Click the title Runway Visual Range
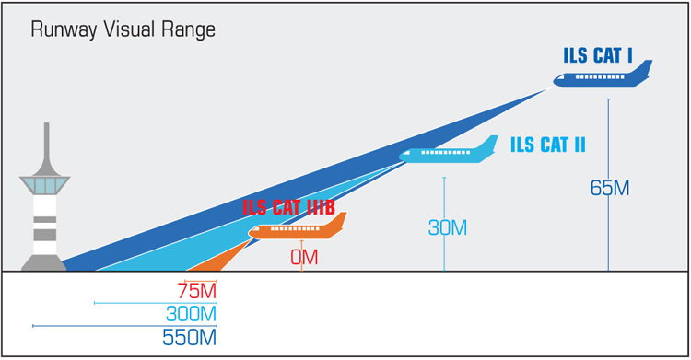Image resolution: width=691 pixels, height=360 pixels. [123, 29]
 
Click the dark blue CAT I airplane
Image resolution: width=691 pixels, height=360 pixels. [599, 80]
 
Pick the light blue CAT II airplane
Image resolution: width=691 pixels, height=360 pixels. [447, 153]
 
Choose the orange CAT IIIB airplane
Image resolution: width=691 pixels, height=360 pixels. [295, 228]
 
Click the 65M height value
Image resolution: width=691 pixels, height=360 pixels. [609, 189]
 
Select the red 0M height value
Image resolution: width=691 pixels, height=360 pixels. [304, 258]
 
